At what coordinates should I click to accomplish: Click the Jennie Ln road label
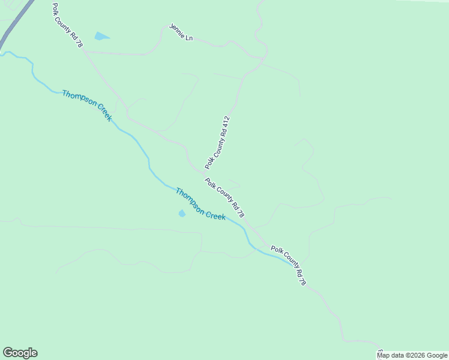click(181, 34)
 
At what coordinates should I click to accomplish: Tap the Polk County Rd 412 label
click(217, 142)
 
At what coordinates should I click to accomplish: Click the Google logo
click(20, 353)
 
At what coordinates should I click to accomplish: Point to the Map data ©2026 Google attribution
click(412, 355)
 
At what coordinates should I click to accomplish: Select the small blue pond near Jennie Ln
click(101, 37)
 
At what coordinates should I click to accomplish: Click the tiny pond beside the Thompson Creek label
click(182, 213)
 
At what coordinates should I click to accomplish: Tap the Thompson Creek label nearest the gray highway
click(87, 106)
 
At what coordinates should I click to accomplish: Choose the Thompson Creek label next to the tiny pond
click(200, 204)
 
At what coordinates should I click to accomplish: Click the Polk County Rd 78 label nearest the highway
click(67, 25)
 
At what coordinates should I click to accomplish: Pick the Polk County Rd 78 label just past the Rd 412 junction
click(224, 198)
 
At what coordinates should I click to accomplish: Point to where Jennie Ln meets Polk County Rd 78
click(84, 52)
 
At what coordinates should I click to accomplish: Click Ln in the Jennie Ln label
click(189, 38)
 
